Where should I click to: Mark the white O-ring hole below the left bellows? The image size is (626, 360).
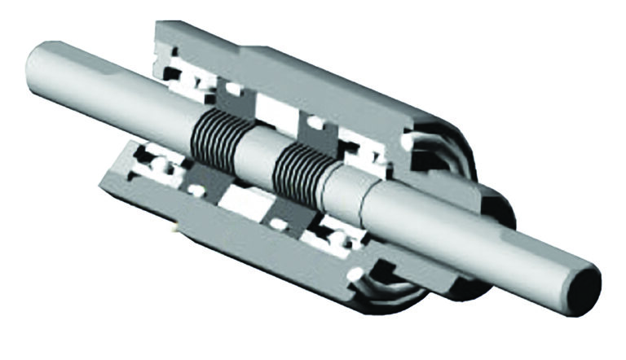tap(196, 190)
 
